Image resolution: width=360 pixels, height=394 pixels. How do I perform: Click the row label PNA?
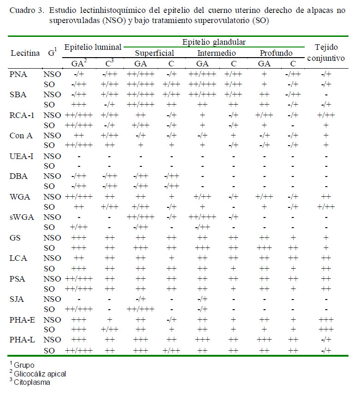click(x=18, y=74)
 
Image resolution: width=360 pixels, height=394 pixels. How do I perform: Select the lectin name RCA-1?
click(x=22, y=115)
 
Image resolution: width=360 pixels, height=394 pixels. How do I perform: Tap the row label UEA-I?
click(x=21, y=156)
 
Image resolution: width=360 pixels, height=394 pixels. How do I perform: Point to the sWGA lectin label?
click(x=22, y=217)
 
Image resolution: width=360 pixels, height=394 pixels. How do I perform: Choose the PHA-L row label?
click(x=22, y=340)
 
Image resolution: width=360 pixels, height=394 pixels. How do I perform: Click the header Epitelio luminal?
click(x=93, y=47)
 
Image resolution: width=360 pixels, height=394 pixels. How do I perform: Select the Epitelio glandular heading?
click(x=214, y=42)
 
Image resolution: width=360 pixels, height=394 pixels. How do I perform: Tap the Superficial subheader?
click(x=154, y=53)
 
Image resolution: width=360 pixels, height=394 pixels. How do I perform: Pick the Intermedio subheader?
click(x=217, y=53)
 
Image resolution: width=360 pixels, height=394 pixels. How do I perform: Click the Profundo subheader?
click(x=276, y=53)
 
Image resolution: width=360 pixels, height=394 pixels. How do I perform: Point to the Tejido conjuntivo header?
click(x=326, y=53)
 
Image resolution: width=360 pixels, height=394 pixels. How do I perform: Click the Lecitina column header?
click(x=25, y=53)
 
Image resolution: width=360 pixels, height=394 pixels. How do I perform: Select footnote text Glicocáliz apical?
click(x=40, y=374)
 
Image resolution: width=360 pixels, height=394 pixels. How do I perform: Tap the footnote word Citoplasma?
click(x=32, y=382)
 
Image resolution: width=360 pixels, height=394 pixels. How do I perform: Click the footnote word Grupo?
click(x=24, y=365)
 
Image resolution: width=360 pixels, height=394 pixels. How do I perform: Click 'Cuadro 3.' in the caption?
click(x=27, y=11)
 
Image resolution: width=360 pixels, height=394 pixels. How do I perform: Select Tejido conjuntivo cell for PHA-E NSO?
click(x=326, y=320)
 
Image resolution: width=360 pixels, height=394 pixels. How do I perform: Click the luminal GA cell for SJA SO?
click(x=79, y=309)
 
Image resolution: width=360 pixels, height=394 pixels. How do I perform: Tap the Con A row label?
click(x=21, y=135)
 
